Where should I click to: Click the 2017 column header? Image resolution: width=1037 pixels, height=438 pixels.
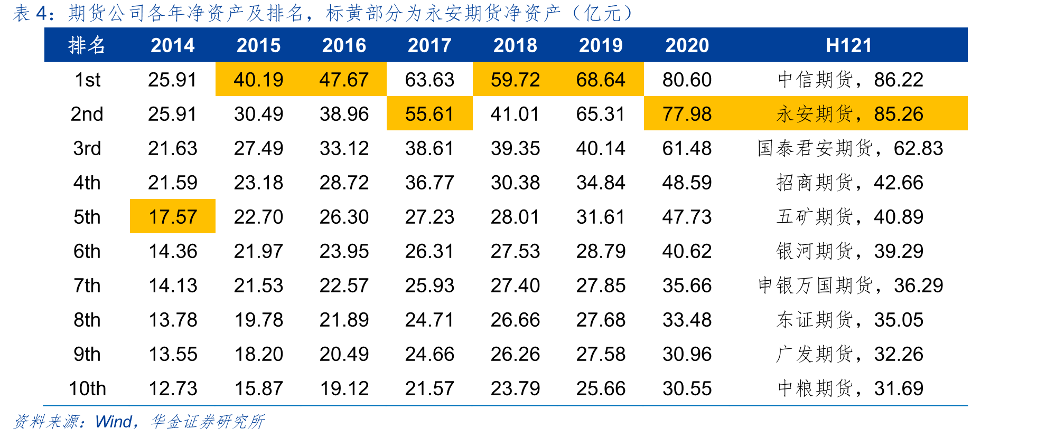tap(429, 45)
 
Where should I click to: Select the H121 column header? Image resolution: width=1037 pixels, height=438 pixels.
tap(849, 45)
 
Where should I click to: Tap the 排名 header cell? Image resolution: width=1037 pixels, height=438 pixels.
tap(87, 45)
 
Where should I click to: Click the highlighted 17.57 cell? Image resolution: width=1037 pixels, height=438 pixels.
tap(173, 216)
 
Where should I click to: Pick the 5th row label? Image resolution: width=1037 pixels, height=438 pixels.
tap(87, 217)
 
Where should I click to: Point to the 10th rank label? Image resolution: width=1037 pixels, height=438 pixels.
tap(87, 388)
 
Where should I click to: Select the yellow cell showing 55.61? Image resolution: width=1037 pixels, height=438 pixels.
tap(429, 113)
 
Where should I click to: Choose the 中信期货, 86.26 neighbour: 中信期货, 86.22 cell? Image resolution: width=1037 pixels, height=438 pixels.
tap(850, 80)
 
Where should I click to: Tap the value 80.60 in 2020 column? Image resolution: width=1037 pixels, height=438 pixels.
tap(687, 80)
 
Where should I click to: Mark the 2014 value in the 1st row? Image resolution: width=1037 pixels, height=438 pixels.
tap(172, 80)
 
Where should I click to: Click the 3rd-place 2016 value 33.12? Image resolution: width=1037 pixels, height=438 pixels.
tap(344, 148)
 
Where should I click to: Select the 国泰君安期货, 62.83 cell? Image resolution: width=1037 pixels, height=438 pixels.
tap(850, 148)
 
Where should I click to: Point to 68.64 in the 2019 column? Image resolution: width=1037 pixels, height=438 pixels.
tap(601, 79)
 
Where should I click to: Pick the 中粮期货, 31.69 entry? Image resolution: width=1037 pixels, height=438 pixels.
tap(850, 388)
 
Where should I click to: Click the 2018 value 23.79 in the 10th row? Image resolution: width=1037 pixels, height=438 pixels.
tap(515, 388)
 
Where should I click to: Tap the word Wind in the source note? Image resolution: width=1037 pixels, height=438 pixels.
tap(113, 422)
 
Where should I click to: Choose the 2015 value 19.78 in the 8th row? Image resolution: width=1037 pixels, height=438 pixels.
tap(258, 320)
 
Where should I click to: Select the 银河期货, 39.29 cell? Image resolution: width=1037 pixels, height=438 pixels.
tap(850, 251)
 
